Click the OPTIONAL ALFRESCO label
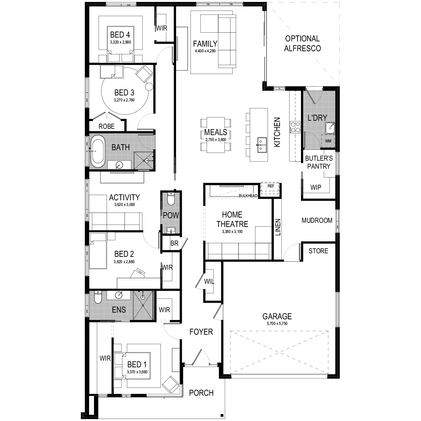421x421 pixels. (302, 44)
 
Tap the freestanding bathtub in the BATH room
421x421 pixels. (98, 152)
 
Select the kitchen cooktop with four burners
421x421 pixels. (295, 127)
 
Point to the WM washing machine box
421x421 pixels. (328, 141)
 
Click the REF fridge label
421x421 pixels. (271, 186)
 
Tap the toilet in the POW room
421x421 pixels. (171, 198)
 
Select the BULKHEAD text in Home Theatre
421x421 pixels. (248, 196)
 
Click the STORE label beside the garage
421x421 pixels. (319, 251)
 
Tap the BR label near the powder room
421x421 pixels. (174, 243)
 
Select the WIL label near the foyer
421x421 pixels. (209, 281)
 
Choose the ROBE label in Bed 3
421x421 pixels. (106, 126)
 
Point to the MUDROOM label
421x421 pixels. (317, 220)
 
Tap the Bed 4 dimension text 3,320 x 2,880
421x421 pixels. (120, 42)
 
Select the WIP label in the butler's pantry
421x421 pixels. (316, 187)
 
